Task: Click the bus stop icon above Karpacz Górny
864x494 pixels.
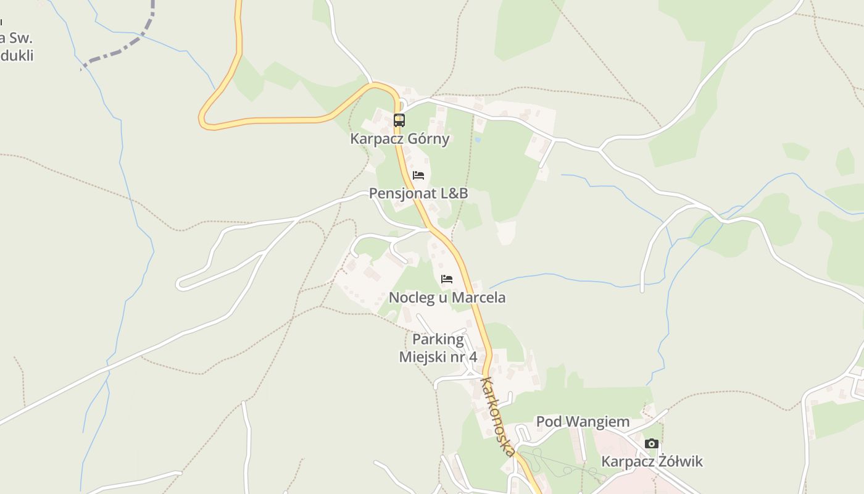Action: [399, 120]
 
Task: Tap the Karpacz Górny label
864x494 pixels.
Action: [400, 138]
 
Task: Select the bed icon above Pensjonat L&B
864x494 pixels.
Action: [418, 175]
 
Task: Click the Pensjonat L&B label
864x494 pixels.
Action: [418, 193]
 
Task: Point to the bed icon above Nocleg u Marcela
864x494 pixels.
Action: [447, 279]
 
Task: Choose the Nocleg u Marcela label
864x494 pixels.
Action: [447, 298]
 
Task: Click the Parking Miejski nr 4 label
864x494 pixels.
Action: [438, 348]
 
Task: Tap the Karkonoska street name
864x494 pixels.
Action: [498, 416]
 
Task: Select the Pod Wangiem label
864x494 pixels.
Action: [583, 422]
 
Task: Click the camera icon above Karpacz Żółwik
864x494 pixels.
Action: [651, 443]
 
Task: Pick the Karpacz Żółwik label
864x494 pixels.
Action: [652, 461]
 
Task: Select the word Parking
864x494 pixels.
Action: [438, 340]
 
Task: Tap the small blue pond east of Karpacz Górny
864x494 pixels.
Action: [478, 140]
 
